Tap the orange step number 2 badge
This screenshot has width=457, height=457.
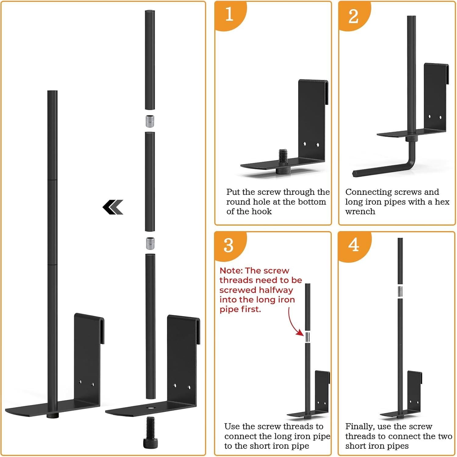click(x=353, y=16)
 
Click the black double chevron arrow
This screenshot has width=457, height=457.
click(x=113, y=207)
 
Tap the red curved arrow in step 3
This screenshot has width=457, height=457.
click(x=294, y=323)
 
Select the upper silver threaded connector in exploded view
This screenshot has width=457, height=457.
click(x=149, y=121)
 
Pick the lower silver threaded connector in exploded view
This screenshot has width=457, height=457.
click(x=150, y=243)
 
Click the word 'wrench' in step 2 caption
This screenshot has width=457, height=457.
click(x=360, y=212)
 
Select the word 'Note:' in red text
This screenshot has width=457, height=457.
click(x=231, y=271)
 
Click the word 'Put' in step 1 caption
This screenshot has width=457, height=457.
click(x=233, y=192)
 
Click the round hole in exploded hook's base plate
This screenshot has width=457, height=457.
click(x=150, y=408)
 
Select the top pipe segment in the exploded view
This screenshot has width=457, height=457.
click(x=150, y=60)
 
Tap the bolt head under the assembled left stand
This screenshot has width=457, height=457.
click(x=52, y=416)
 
